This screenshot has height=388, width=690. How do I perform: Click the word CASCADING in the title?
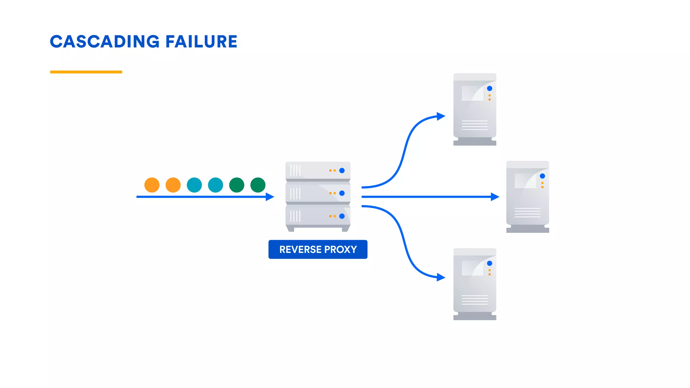pos(105,42)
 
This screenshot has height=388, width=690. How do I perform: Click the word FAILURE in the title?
pos(201,42)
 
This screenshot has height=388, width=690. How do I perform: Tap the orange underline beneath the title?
pos(86,72)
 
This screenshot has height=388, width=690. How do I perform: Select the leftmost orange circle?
pos(152,185)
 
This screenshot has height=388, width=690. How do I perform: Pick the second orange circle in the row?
pos(173,185)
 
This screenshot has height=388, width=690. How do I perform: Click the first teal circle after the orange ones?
pos(194,185)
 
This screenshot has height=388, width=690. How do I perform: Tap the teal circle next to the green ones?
pos(216,185)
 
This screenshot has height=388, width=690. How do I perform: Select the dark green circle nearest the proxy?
pos(258,185)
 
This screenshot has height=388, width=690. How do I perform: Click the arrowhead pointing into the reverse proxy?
pos(270,197)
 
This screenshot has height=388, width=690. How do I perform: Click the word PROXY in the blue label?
pos(340,250)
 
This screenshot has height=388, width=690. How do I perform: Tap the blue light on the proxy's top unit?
pos(342,170)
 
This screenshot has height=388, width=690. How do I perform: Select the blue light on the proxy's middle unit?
pos(342,193)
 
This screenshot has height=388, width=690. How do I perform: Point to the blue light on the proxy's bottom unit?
pos(342,216)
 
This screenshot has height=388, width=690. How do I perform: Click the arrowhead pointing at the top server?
pos(441,116)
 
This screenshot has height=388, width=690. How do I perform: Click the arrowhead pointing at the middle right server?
pos(495,197)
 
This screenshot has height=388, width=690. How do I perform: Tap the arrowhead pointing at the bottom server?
pos(441,277)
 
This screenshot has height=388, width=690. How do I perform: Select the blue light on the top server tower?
pos(490,88)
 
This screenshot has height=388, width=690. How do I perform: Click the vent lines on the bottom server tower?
pos(475,300)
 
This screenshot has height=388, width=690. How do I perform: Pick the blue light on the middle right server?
pos(542,176)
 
